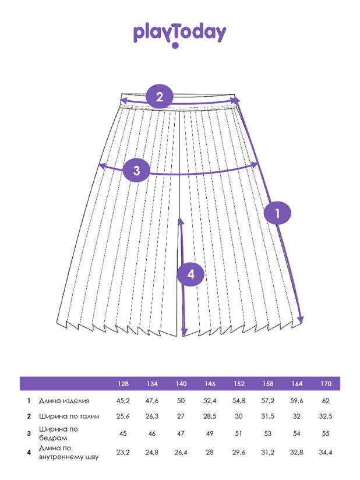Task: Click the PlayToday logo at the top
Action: click(179, 34)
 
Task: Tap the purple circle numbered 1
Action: click(278, 213)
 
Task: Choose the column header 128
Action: click(123, 384)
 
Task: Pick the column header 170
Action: click(326, 384)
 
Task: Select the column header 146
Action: click(210, 384)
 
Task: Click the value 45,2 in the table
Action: click(123, 401)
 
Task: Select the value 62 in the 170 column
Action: click(326, 401)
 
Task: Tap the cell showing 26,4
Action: click(181, 451)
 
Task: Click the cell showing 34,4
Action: click(326, 451)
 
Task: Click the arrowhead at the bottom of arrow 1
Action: click(302, 319)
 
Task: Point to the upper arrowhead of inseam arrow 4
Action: click(182, 221)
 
